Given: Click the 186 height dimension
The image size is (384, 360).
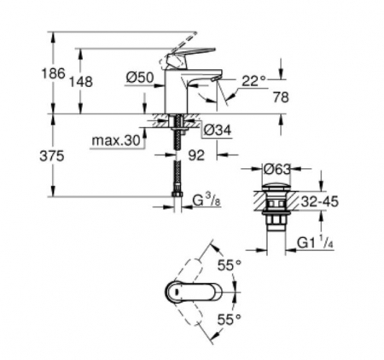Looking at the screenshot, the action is (x=54, y=73).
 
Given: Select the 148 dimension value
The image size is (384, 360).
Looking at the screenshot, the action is (x=81, y=82).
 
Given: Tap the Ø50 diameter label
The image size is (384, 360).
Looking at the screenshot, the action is (x=140, y=78).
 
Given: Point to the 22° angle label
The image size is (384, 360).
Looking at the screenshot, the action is (x=253, y=81).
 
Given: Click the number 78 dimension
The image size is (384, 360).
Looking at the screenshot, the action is (x=281, y=97).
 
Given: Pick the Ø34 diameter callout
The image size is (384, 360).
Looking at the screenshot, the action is (x=218, y=131).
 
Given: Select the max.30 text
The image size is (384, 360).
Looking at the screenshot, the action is (x=117, y=141).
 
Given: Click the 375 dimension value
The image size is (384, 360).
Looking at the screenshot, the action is (x=52, y=156).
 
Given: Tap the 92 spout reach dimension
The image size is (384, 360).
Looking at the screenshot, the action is (x=196, y=155).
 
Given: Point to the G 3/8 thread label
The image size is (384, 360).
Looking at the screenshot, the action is (x=207, y=200).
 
